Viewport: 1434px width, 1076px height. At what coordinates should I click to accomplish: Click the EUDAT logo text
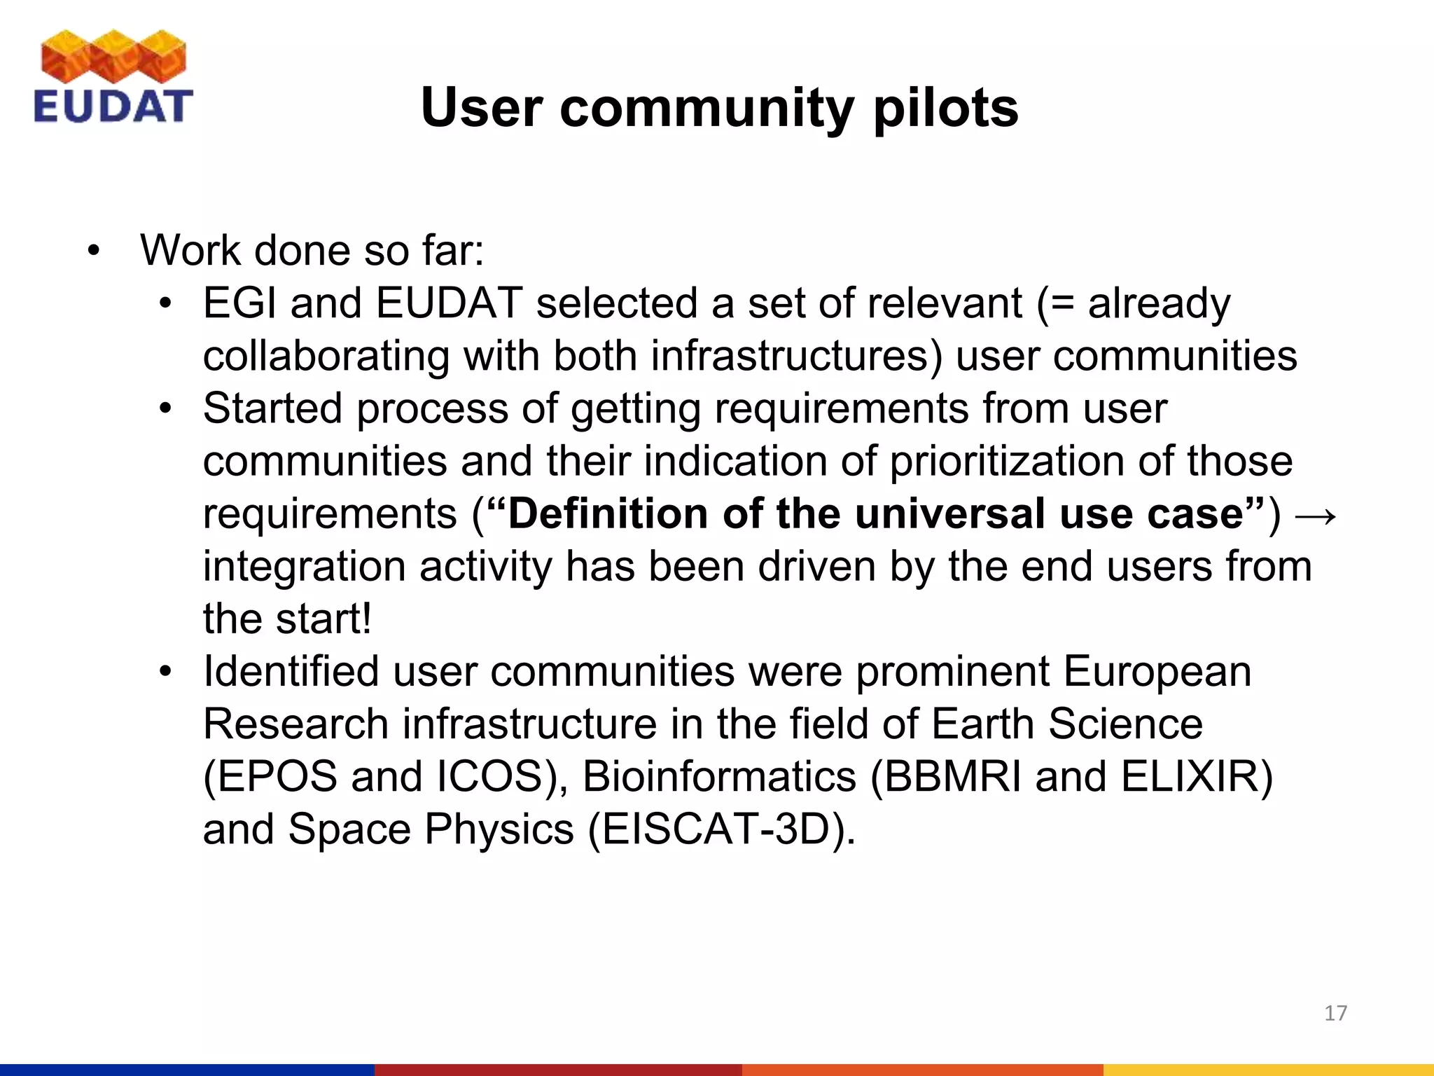coord(113,106)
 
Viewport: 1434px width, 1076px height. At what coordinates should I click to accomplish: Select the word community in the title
coord(706,109)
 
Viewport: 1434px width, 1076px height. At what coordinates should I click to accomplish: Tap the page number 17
coord(1335,1013)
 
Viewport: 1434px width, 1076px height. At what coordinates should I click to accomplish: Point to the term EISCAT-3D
coord(718,829)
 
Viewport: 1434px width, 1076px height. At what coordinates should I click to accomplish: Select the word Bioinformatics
coord(719,777)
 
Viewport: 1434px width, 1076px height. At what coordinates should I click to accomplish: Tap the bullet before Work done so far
coord(94,251)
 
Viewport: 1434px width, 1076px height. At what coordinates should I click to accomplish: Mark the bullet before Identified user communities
coord(165,672)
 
